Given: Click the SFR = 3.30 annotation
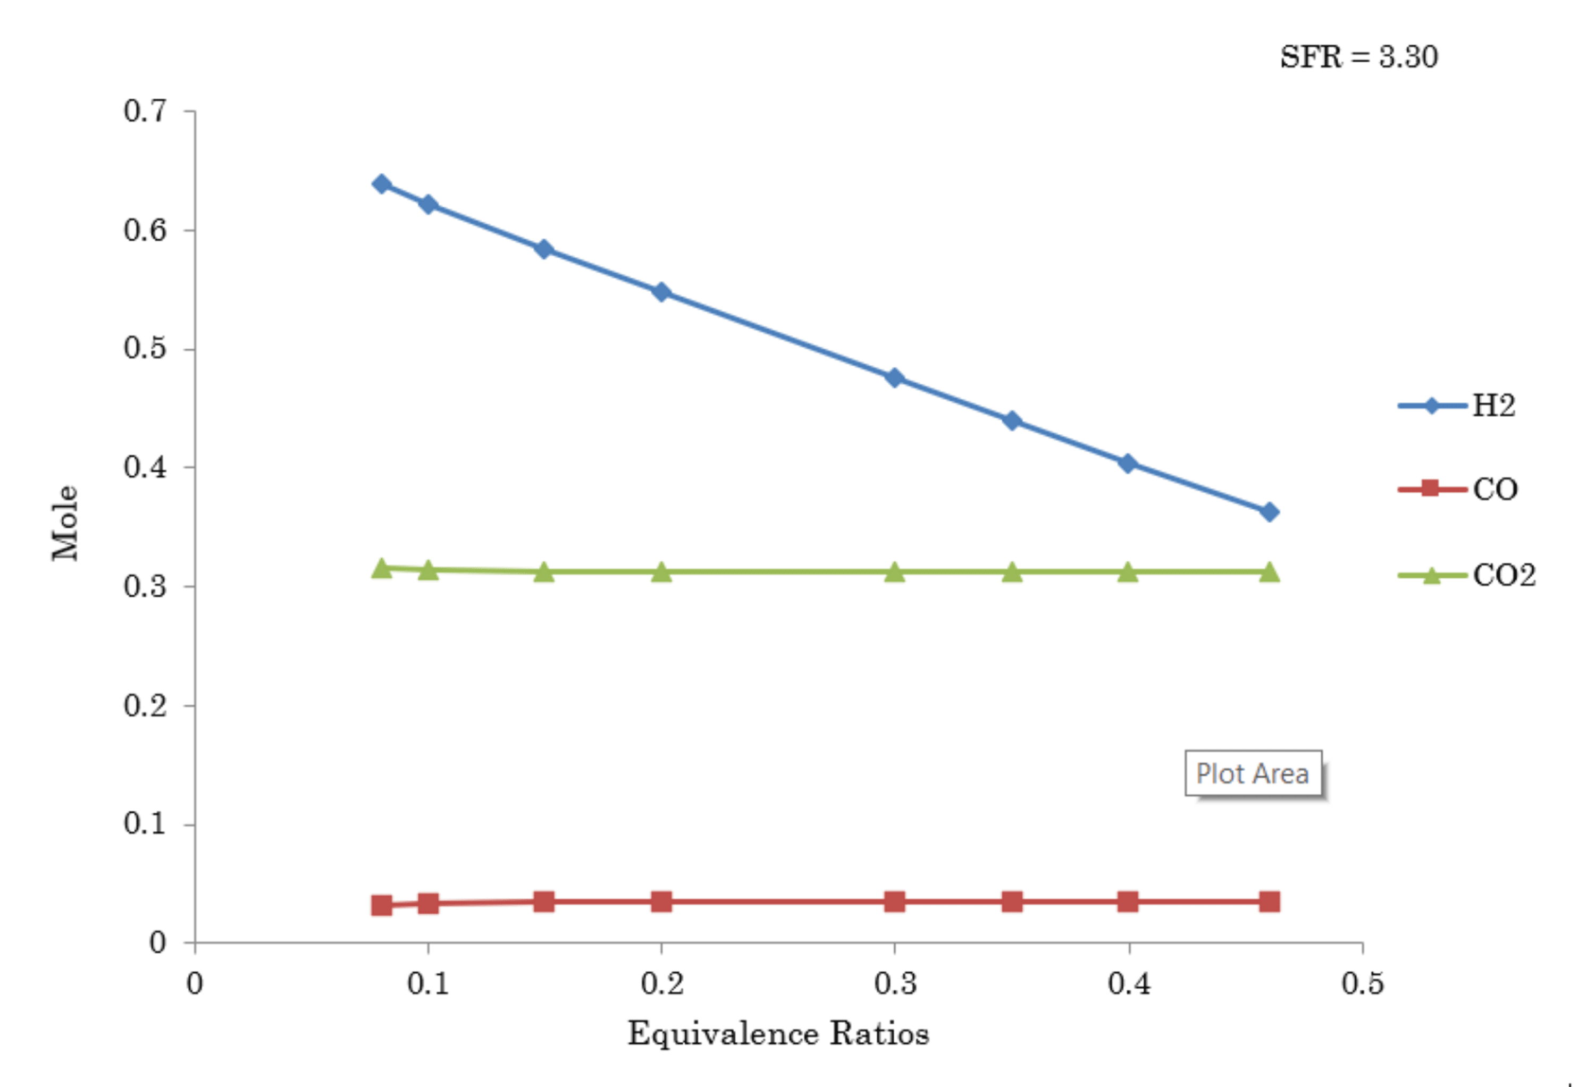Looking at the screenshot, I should (1358, 57).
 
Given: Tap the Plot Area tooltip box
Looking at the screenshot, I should (1253, 773).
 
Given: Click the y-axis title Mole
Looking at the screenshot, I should (66, 523).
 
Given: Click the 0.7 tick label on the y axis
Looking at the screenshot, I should (145, 111).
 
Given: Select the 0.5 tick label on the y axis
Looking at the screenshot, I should (145, 349).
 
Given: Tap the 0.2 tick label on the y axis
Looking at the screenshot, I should (145, 705).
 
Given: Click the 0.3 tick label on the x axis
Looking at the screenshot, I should (895, 984).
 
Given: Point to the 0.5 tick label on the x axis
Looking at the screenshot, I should (1362, 984).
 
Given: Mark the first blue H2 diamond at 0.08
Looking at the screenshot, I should (382, 184).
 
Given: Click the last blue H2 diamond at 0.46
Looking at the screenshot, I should (1269, 512).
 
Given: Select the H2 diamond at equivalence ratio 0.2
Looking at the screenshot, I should (661, 292).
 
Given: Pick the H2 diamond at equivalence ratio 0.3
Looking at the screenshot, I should (894, 377).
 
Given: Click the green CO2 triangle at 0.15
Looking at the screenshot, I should (543, 571).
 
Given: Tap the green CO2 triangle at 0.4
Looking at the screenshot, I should (1128, 571).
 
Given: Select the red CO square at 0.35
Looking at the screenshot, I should (1012, 901).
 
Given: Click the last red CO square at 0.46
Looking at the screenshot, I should (1269, 901).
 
